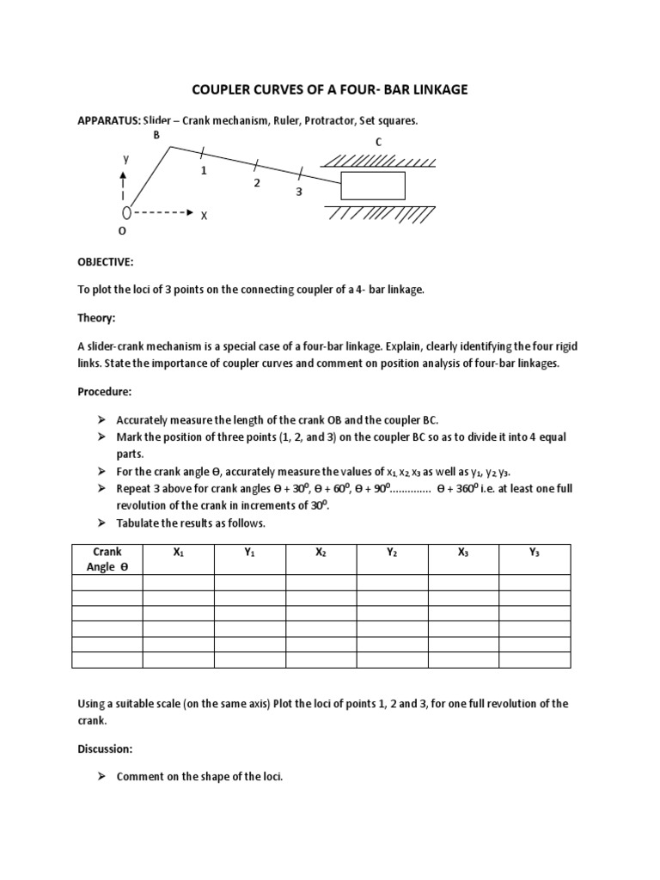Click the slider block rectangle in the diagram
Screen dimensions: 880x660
[x=373, y=186]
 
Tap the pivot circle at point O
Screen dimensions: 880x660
[x=126, y=212]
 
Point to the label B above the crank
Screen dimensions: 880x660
[x=156, y=136]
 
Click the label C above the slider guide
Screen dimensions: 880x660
[x=377, y=141]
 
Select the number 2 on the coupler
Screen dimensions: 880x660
[x=256, y=183]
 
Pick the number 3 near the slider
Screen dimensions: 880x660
[x=299, y=192]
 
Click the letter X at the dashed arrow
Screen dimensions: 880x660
[x=205, y=216]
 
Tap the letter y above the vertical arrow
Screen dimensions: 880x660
[x=125, y=159]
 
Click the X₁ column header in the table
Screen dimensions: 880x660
[x=178, y=553]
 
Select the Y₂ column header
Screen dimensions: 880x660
[x=392, y=553]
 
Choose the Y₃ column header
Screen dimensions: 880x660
[x=534, y=553]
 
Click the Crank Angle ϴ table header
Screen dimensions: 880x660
[x=107, y=559]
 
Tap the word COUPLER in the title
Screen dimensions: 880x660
[x=224, y=90]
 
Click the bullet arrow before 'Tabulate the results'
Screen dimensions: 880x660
[x=101, y=522]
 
